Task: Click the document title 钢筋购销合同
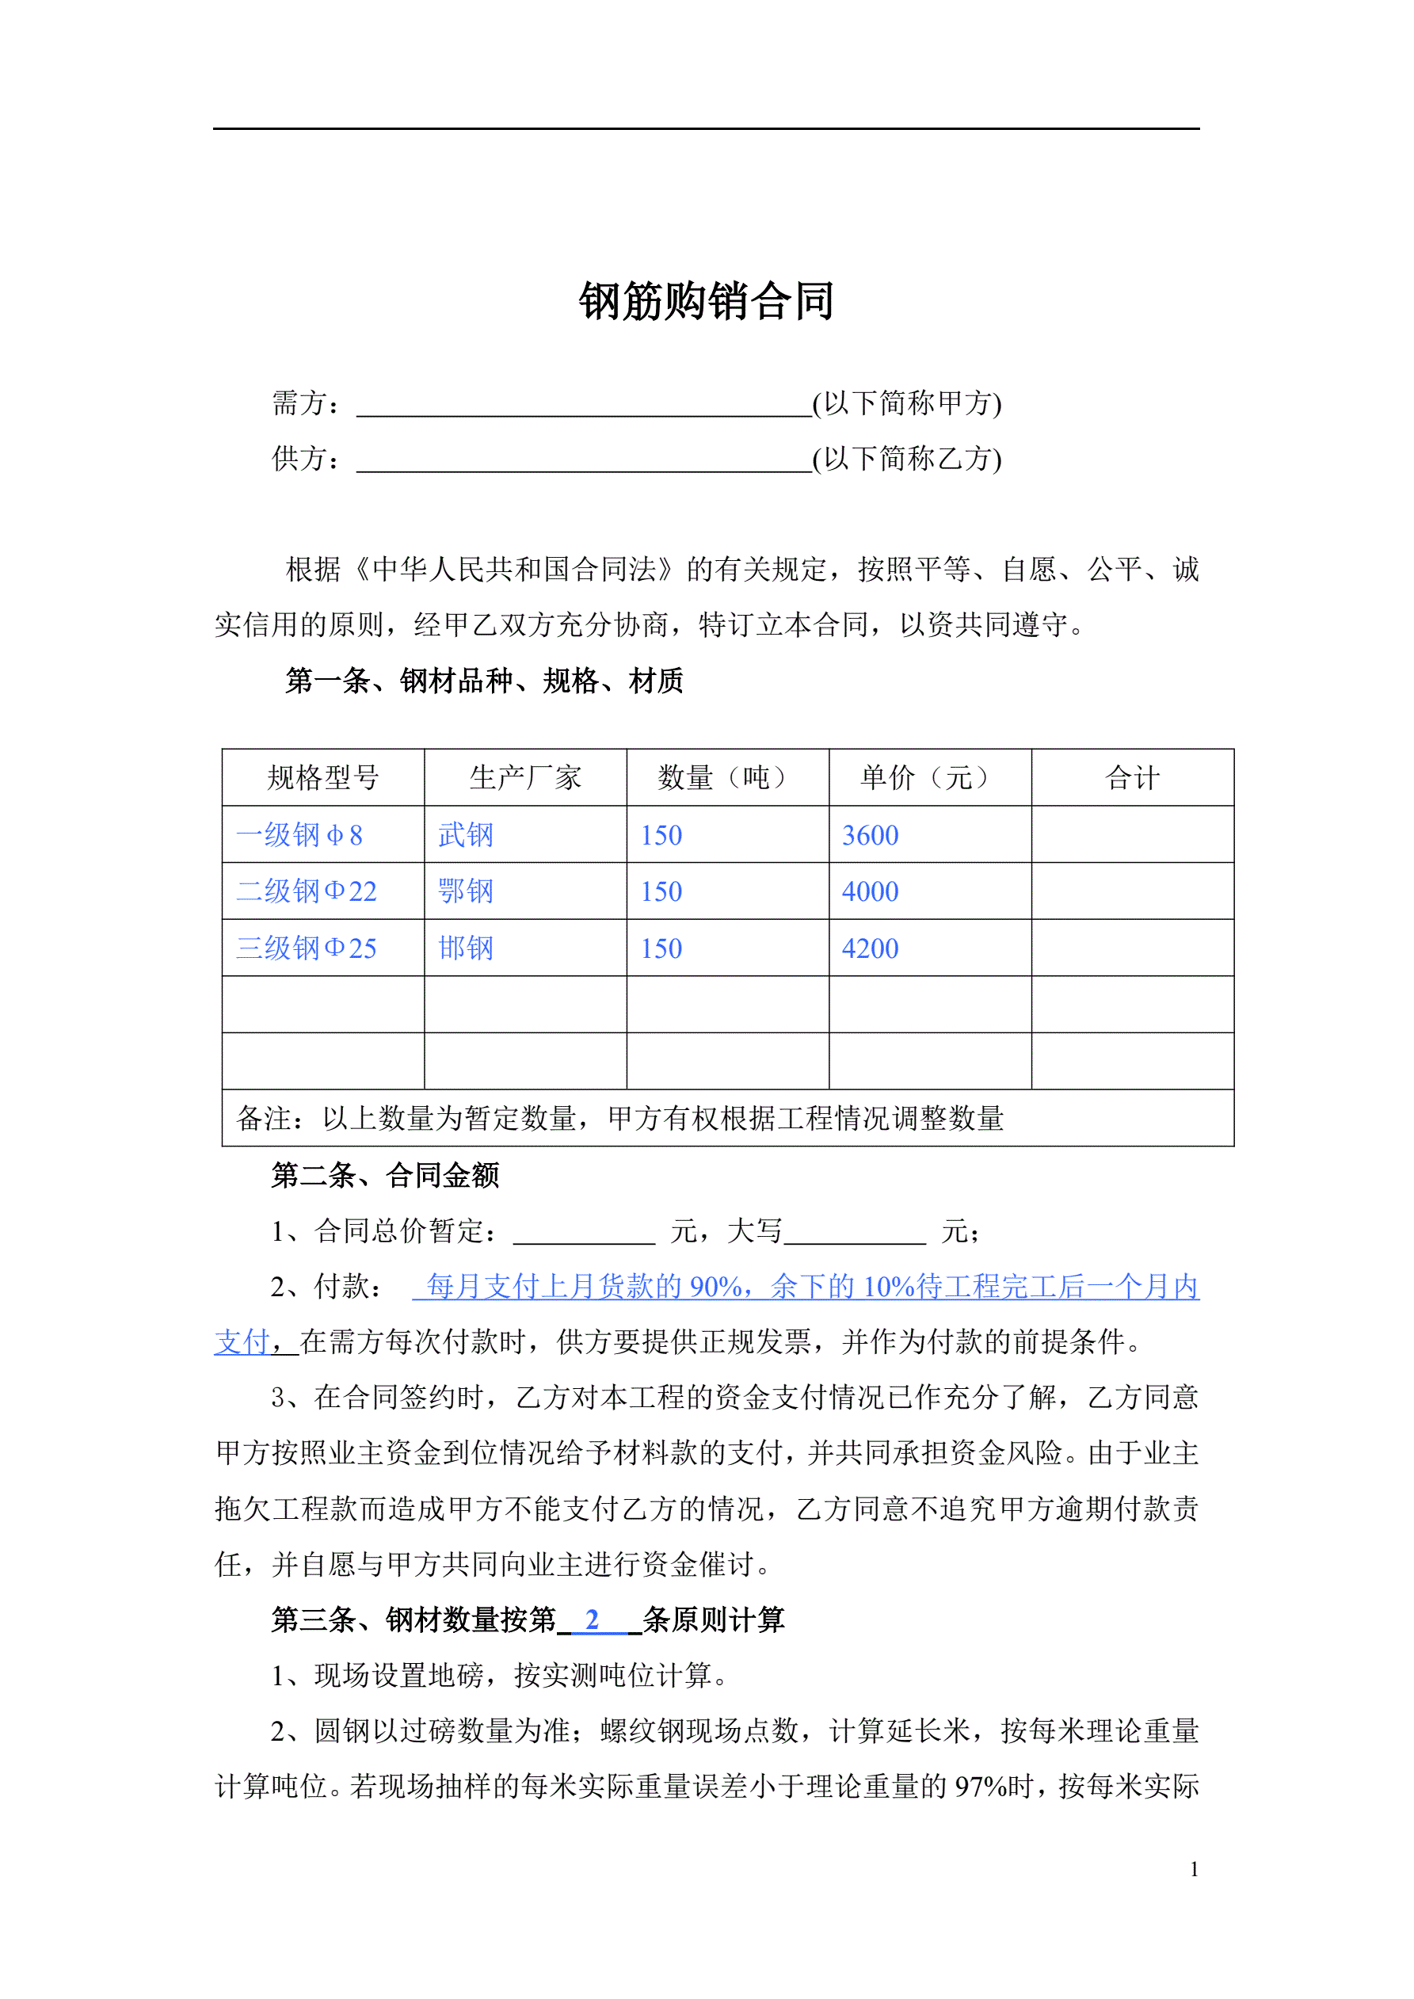tap(706, 301)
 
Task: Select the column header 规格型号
tap(323, 777)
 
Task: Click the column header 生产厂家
tap(525, 777)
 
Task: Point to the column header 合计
tap(1132, 777)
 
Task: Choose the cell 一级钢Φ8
tap(299, 835)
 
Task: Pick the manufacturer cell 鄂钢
tap(466, 891)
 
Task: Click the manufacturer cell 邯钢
tap(466, 948)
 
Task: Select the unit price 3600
tap(870, 835)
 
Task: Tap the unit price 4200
tap(870, 948)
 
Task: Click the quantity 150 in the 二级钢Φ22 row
tap(661, 891)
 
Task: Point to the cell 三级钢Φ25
tap(307, 948)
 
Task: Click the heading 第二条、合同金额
tap(385, 1175)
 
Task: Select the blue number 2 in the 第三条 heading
tap(592, 1619)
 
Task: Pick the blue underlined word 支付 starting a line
tap(242, 1341)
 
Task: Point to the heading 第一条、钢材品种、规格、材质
tap(484, 681)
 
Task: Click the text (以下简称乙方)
tap(906, 458)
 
